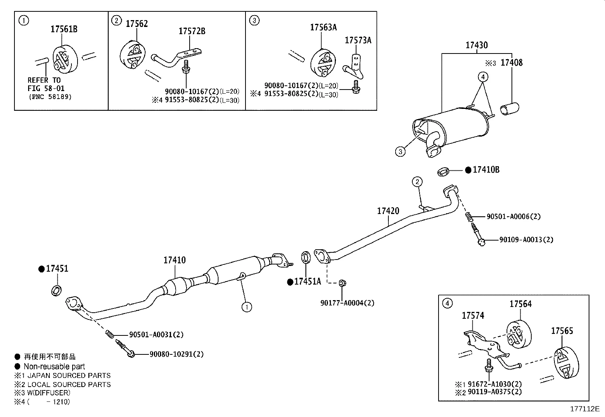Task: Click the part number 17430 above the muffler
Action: [477, 46]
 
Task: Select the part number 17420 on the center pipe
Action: [388, 211]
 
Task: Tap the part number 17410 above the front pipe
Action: [174, 260]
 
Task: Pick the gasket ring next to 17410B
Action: [443, 172]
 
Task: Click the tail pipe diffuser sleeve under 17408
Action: [508, 109]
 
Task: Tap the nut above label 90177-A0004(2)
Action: [342, 283]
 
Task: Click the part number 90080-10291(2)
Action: [176, 354]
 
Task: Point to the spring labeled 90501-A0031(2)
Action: [109, 334]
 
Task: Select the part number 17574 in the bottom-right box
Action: [473, 316]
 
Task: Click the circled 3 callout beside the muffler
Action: [400, 152]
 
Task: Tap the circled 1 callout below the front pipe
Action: [247, 307]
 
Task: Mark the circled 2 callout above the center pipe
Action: [417, 182]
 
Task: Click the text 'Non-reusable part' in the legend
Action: [54, 367]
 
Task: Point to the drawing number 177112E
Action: [584, 409]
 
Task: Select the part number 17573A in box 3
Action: [358, 40]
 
